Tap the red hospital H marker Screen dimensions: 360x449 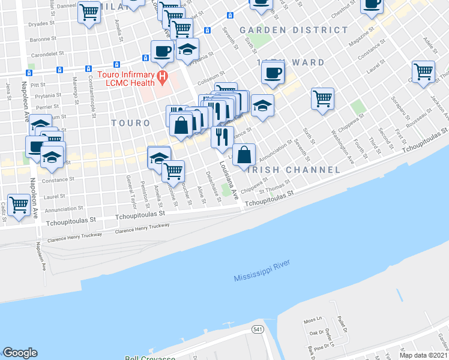[x=161, y=77]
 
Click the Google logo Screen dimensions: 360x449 [x=20, y=353]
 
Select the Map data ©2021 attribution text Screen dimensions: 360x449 [x=423, y=355]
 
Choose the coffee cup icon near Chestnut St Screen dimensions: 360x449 [x=372, y=4]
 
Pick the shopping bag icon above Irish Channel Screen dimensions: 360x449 [x=244, y=155]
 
